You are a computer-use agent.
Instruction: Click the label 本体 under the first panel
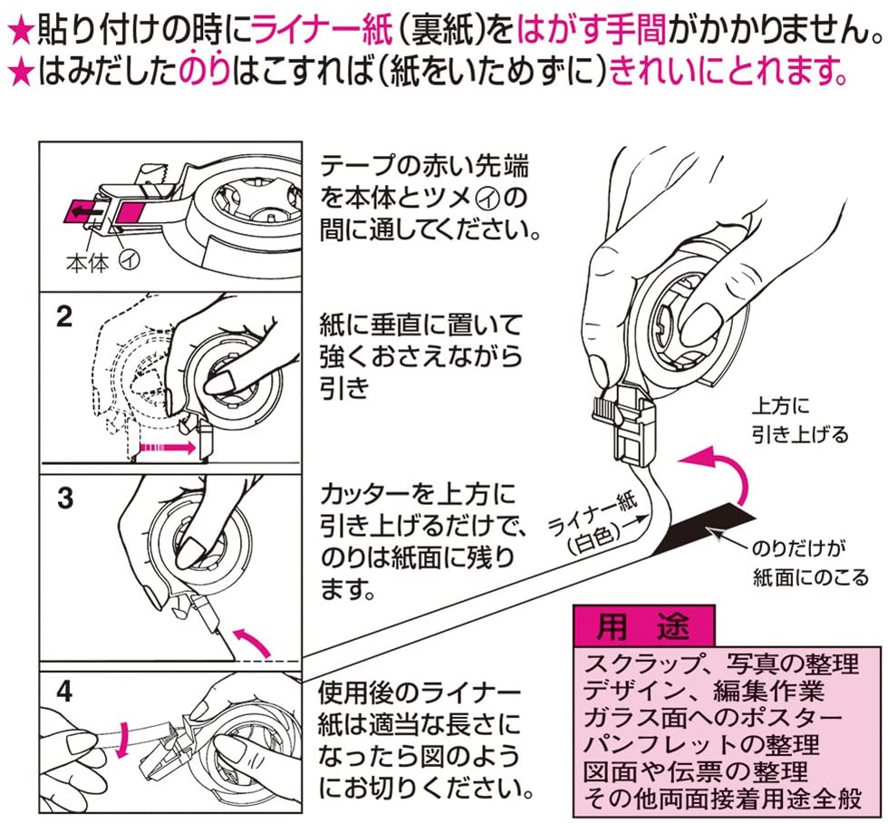[87, 264]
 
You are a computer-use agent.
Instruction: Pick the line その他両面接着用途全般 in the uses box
[724, 799]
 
